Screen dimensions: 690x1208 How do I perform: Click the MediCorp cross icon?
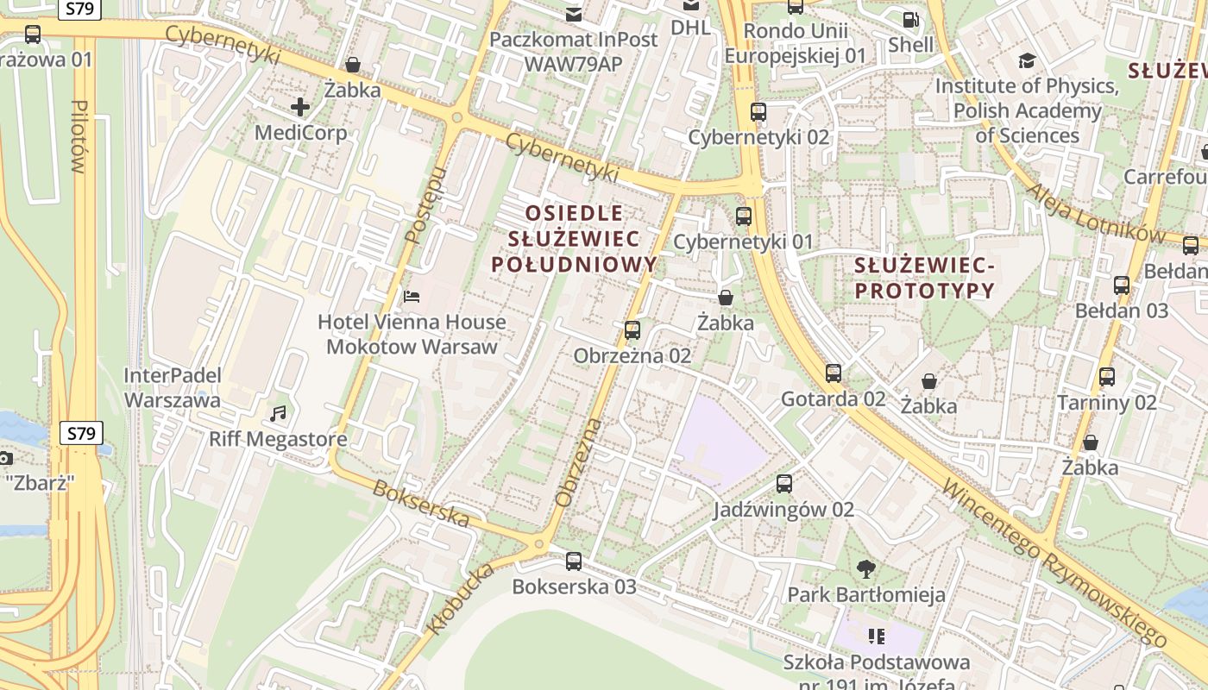[300, 107]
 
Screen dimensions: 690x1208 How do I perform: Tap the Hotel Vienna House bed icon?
[412, 297]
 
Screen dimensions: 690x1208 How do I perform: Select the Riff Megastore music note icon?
[278, 414]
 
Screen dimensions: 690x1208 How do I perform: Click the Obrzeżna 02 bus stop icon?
[632, 329]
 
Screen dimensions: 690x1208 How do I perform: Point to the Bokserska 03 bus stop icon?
[574, 561]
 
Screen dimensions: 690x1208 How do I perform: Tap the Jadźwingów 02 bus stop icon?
[783, 484]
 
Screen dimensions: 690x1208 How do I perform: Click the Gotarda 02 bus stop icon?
[833, 373]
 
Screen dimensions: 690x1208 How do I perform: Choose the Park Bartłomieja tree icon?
[866, 569]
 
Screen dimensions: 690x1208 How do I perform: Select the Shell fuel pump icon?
[910, 19]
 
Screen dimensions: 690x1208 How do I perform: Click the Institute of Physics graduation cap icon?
[1027, 60]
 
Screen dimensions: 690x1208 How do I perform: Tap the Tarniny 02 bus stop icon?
[1107, 377]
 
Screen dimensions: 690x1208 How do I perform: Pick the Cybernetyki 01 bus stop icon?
[743, 216]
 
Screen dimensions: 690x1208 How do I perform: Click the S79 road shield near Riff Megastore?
[81, 433]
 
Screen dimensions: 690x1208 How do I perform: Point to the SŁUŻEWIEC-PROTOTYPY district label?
[924, 277]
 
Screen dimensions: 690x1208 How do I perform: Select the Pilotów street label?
[79, 136]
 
